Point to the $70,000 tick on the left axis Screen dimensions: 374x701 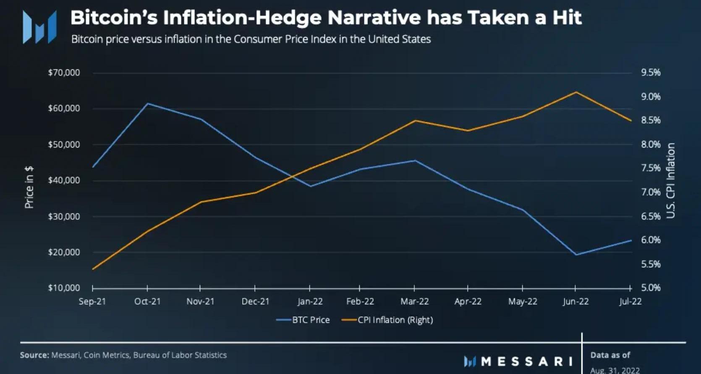[x=64, y=73]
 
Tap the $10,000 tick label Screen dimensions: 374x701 [x=64, y=288]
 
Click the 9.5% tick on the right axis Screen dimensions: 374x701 [x=651, y=73]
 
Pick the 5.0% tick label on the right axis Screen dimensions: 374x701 [x=651, y=288]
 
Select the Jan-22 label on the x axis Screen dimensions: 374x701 [x=310, y=301]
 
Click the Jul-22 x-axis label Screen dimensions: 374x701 [x=630, y=301]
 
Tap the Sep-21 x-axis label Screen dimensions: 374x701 [x=92, y=301]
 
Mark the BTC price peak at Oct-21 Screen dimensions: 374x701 [x=147, y=103]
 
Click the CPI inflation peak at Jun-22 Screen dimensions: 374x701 [x=576, y=92]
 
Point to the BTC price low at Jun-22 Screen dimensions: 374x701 [x=576, y=254]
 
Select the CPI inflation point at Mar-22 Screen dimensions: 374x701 [x=415, y=121]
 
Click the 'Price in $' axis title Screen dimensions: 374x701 [x=29, y=187]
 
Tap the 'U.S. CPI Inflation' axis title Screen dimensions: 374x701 [x=671, y=181]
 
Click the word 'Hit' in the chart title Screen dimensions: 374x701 [x=567, y=18]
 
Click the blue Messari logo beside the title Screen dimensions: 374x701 [x=39, y=27]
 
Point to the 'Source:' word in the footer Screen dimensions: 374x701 [x=34, y=355]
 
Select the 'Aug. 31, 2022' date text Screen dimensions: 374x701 [x=615, y=370]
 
